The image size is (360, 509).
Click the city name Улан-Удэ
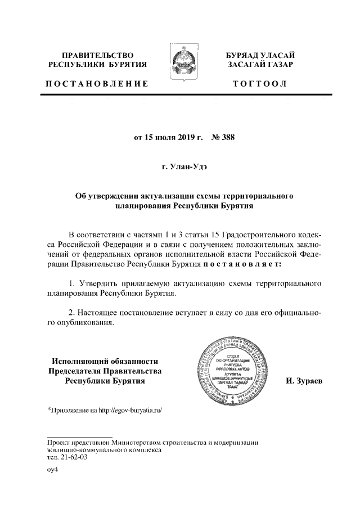tap(185, 166)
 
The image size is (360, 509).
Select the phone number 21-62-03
tap(74, 458)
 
